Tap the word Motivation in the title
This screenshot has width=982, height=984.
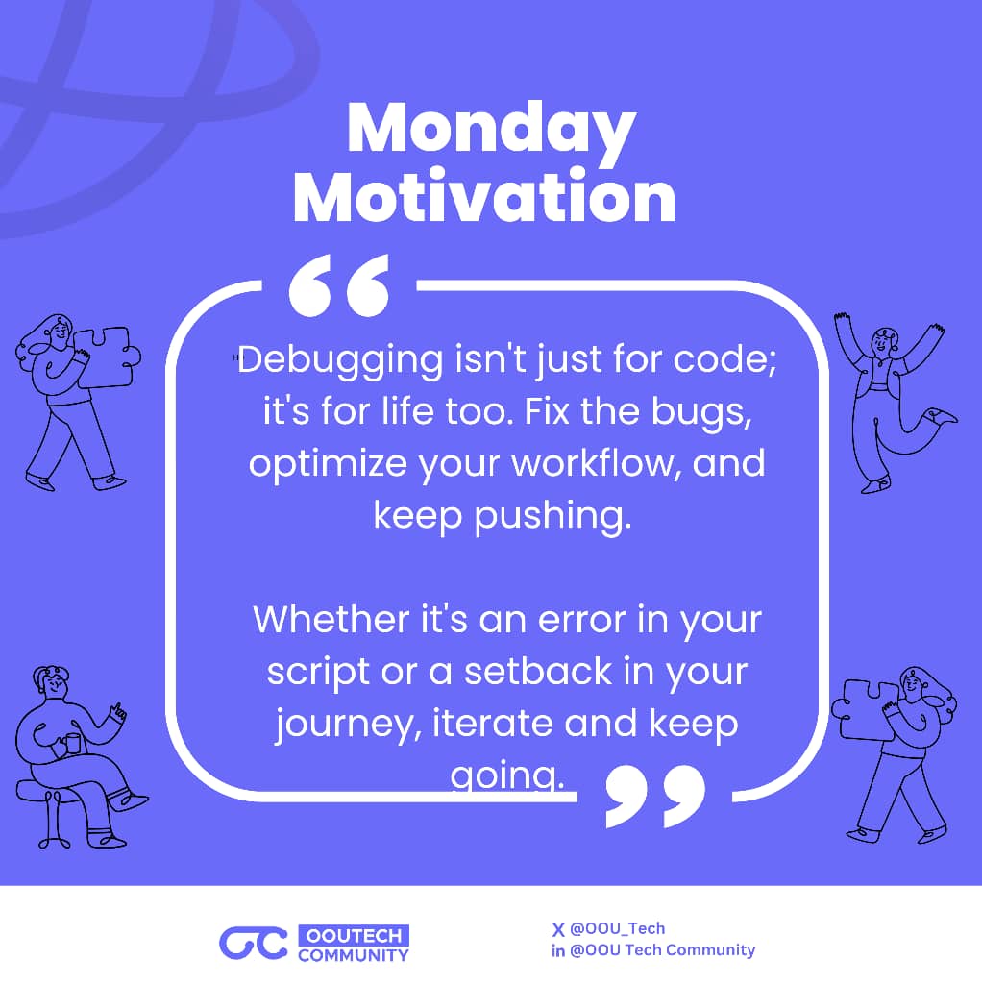[484, 197]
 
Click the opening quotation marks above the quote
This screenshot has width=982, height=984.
[339, 285]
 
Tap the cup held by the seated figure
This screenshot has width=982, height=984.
[73, 744]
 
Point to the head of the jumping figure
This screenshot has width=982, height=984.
[882, 341]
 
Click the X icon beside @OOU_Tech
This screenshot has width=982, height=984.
[557, 928]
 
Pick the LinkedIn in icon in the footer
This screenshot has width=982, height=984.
[557, 950]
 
